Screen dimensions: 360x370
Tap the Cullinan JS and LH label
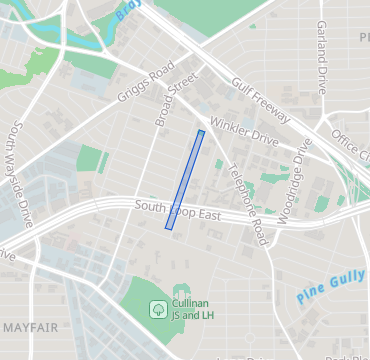tap(194, 310)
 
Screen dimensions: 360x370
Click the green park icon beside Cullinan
tap(158, 309)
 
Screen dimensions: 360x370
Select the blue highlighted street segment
tap(185, 180)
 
